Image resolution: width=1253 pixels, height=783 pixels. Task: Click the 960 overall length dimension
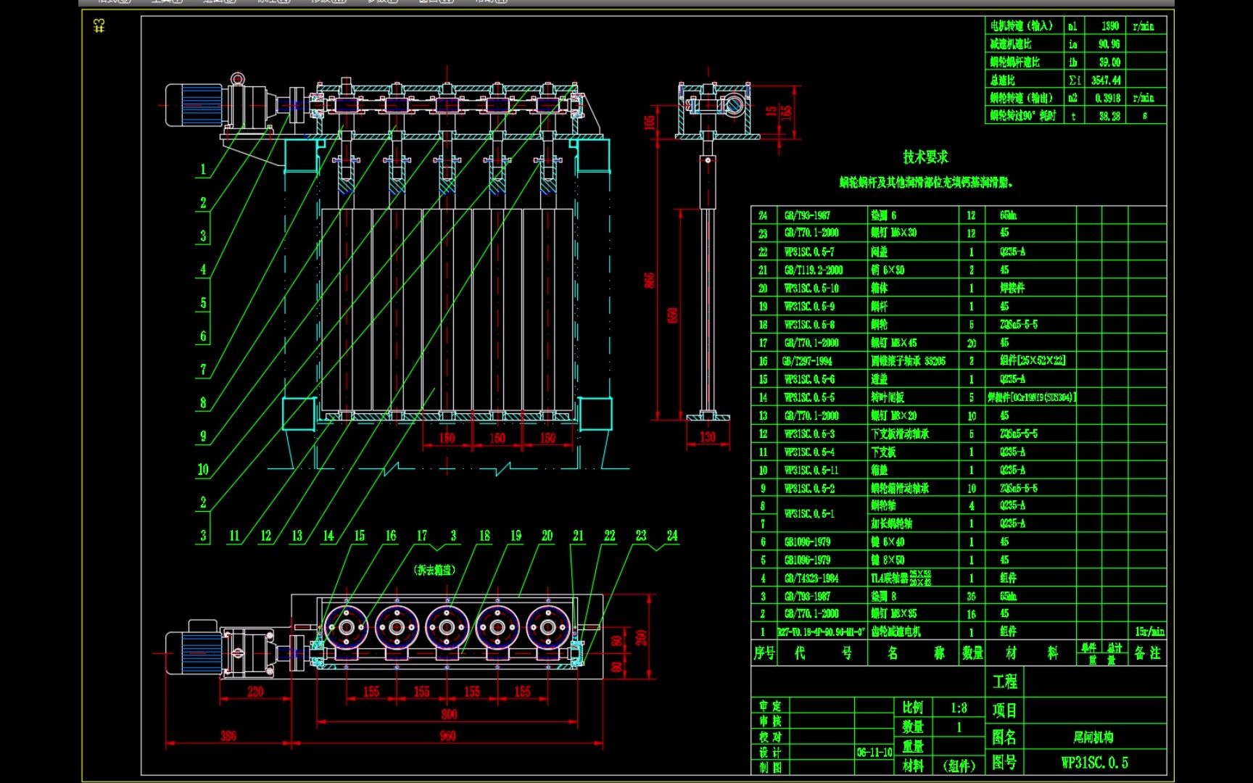coord(447,736)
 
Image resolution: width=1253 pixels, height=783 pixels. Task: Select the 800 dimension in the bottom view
coord(449,714)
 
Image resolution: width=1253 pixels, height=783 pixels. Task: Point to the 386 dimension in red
coord(228,736)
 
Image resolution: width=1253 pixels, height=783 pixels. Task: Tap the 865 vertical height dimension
coord(649,280)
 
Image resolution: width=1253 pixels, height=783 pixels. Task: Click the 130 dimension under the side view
coord(707,436)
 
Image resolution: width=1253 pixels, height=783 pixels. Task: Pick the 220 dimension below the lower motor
coord(255,692)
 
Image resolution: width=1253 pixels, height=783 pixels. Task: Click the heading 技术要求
coord(925,157)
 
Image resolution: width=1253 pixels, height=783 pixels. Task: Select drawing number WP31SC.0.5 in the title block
coord(1094,763)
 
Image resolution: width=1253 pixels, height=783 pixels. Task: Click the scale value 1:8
coord(959,708)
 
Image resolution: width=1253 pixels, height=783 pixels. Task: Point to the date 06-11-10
coord(874,753)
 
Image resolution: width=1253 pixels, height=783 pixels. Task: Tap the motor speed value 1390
coord(1109,26)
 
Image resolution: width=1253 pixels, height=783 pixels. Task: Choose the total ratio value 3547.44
coord(1105,80)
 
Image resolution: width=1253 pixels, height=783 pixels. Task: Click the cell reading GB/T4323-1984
coord(811,578)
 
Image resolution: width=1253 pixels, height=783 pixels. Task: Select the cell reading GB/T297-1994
coord(807,360)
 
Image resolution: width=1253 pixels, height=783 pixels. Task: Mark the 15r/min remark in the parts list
coord(1149,631)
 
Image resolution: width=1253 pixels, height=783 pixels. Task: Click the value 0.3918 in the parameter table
coord(1107,98)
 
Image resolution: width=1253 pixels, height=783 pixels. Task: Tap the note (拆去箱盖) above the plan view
coord(434,570)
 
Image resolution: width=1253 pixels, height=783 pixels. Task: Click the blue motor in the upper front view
coord(194,105)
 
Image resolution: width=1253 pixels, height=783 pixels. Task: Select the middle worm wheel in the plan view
coord(447,627)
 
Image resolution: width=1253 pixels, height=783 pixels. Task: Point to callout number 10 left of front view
coord(203,469)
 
